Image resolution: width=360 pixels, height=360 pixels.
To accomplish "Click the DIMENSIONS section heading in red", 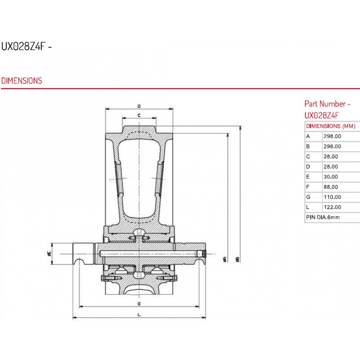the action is click(x=22, y=81).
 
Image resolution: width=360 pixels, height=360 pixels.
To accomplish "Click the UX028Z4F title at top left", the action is click(x=23, y=47).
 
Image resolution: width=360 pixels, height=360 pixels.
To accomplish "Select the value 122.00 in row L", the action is click(x=332, y=207).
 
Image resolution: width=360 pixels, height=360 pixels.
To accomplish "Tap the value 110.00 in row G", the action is click(x=332, y=197).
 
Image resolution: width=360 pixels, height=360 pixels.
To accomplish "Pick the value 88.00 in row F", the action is click(x=331, y=187).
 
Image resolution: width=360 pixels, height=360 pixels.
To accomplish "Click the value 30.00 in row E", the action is click(x=331, y=177).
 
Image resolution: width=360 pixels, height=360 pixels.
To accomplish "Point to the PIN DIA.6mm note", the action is click(x=323, y=217).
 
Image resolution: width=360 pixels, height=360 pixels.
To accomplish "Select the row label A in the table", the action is click(x=308, y=136).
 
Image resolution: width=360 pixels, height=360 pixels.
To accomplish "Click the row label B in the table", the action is click(x=308, y=147).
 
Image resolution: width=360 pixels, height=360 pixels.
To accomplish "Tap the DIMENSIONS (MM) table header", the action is click(x=331, y=126).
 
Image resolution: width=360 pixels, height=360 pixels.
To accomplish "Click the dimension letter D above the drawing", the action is click(x=139, y=106).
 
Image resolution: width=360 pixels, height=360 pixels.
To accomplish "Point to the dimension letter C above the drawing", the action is click(x=139, y=116).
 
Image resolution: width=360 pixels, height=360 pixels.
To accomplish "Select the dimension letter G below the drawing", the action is click(x=139, y=304).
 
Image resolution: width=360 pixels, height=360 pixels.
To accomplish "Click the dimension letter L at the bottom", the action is click(x=139, y=315).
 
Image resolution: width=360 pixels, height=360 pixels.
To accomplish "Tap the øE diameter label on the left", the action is click(x=49, y=253).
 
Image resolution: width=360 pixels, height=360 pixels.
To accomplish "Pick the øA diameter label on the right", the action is click(x=225, y=260).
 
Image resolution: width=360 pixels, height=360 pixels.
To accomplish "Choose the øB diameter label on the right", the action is click(x=238, y=260).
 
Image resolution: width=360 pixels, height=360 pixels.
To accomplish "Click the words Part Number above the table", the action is click(x=325, y=104).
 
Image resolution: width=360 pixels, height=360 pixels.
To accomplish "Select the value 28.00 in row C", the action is click(x=331, y=157).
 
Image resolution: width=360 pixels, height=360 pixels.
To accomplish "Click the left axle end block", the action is click(x=83, y=253).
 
